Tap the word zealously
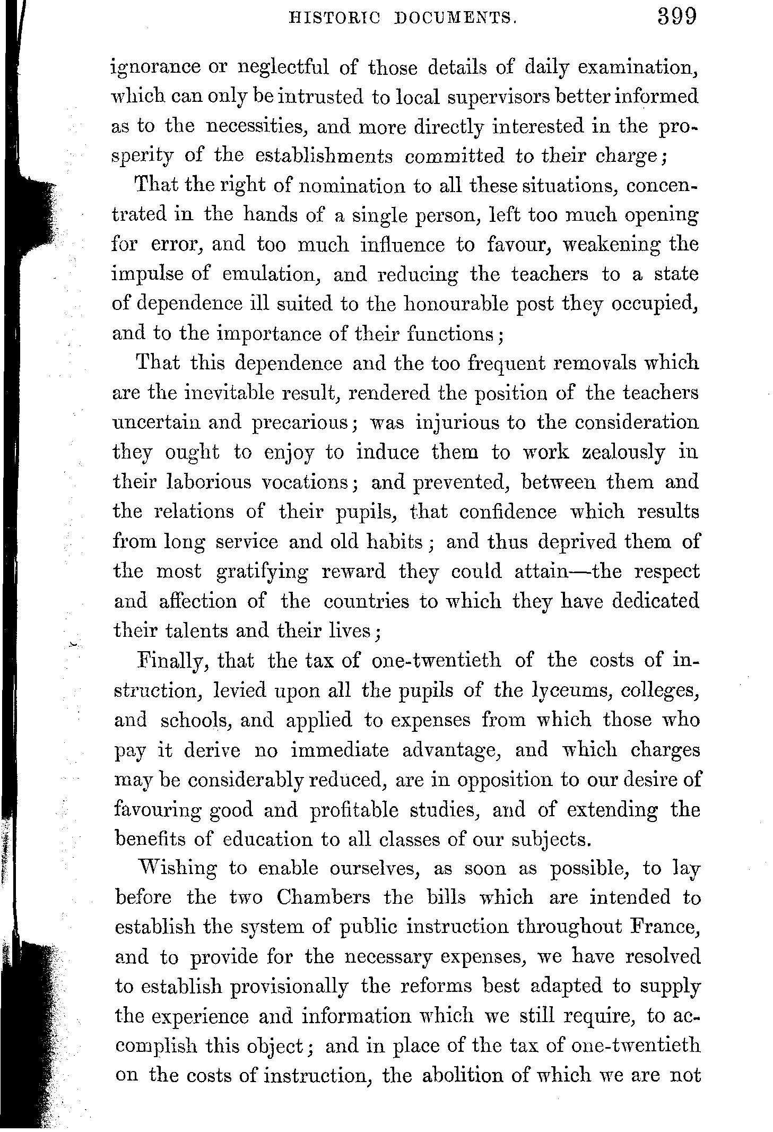pos(624,453)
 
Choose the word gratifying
pos(262,572)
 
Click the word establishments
pos(324,157)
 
